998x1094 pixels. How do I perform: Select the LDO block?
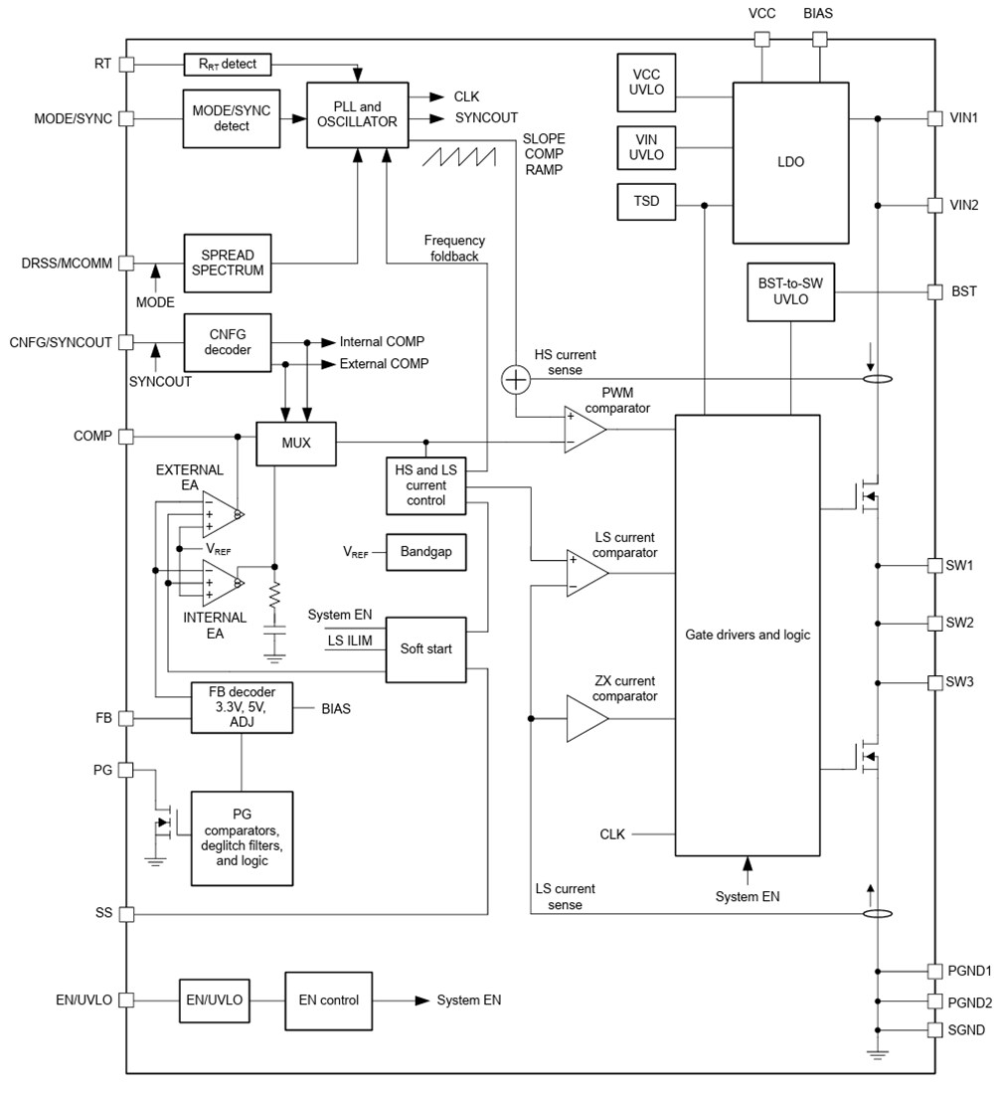[790, 162]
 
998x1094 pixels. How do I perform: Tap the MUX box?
[296, 443]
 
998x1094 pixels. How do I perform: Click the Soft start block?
[425, 648]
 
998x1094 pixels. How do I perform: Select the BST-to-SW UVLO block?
[790, 292]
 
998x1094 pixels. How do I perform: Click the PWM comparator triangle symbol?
[583, 430]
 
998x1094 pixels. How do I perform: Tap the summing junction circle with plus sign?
[515, 379]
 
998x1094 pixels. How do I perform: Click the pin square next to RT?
[126, 65]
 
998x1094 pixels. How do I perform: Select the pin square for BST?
[934, 292]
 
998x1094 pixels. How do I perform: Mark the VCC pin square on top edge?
[761, 40]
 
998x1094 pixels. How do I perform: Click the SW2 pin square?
[934, 624]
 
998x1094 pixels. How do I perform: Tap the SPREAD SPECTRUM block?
[228, 263]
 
